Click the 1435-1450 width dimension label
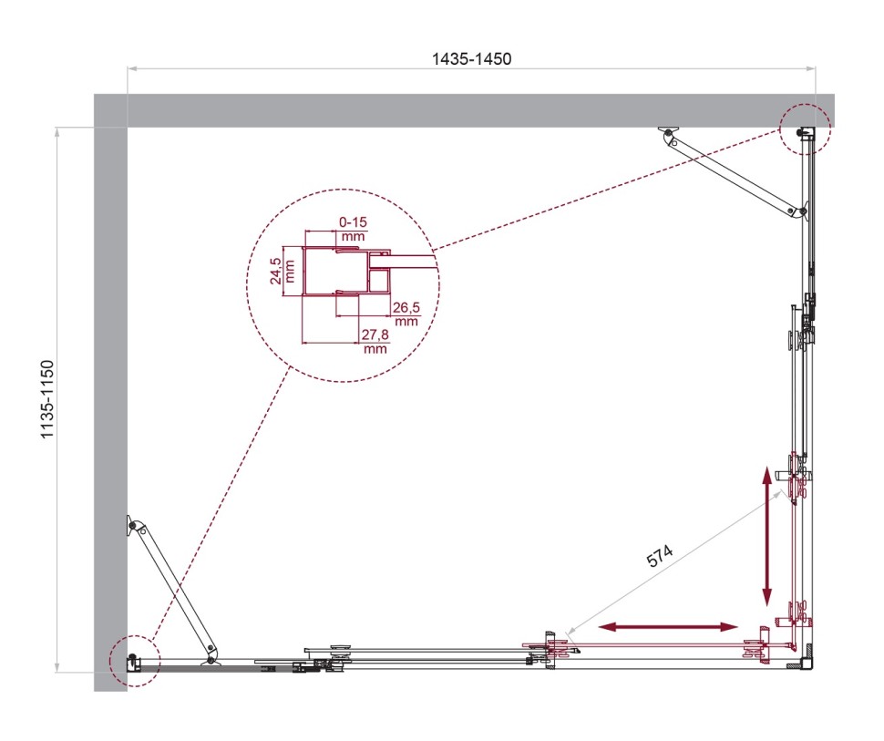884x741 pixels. (x=471, y=58)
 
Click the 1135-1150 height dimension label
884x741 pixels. (x=48, y=401)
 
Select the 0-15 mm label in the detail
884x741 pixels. (x=353, y=227)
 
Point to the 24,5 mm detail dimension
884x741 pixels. (x=282, y=270)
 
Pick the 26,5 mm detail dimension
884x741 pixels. (x=406, y=313)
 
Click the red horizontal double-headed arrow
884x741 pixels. (x=668, y=627)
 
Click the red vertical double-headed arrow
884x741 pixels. (x=767, y=537)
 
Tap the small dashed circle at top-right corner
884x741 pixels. (x=805, y=128)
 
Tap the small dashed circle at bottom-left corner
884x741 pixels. (x=133, y=660)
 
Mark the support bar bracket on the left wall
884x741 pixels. (x=135, y=526)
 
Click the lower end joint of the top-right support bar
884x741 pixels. (x=801, y=213)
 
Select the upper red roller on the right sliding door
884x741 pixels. (x=799, y=478)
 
